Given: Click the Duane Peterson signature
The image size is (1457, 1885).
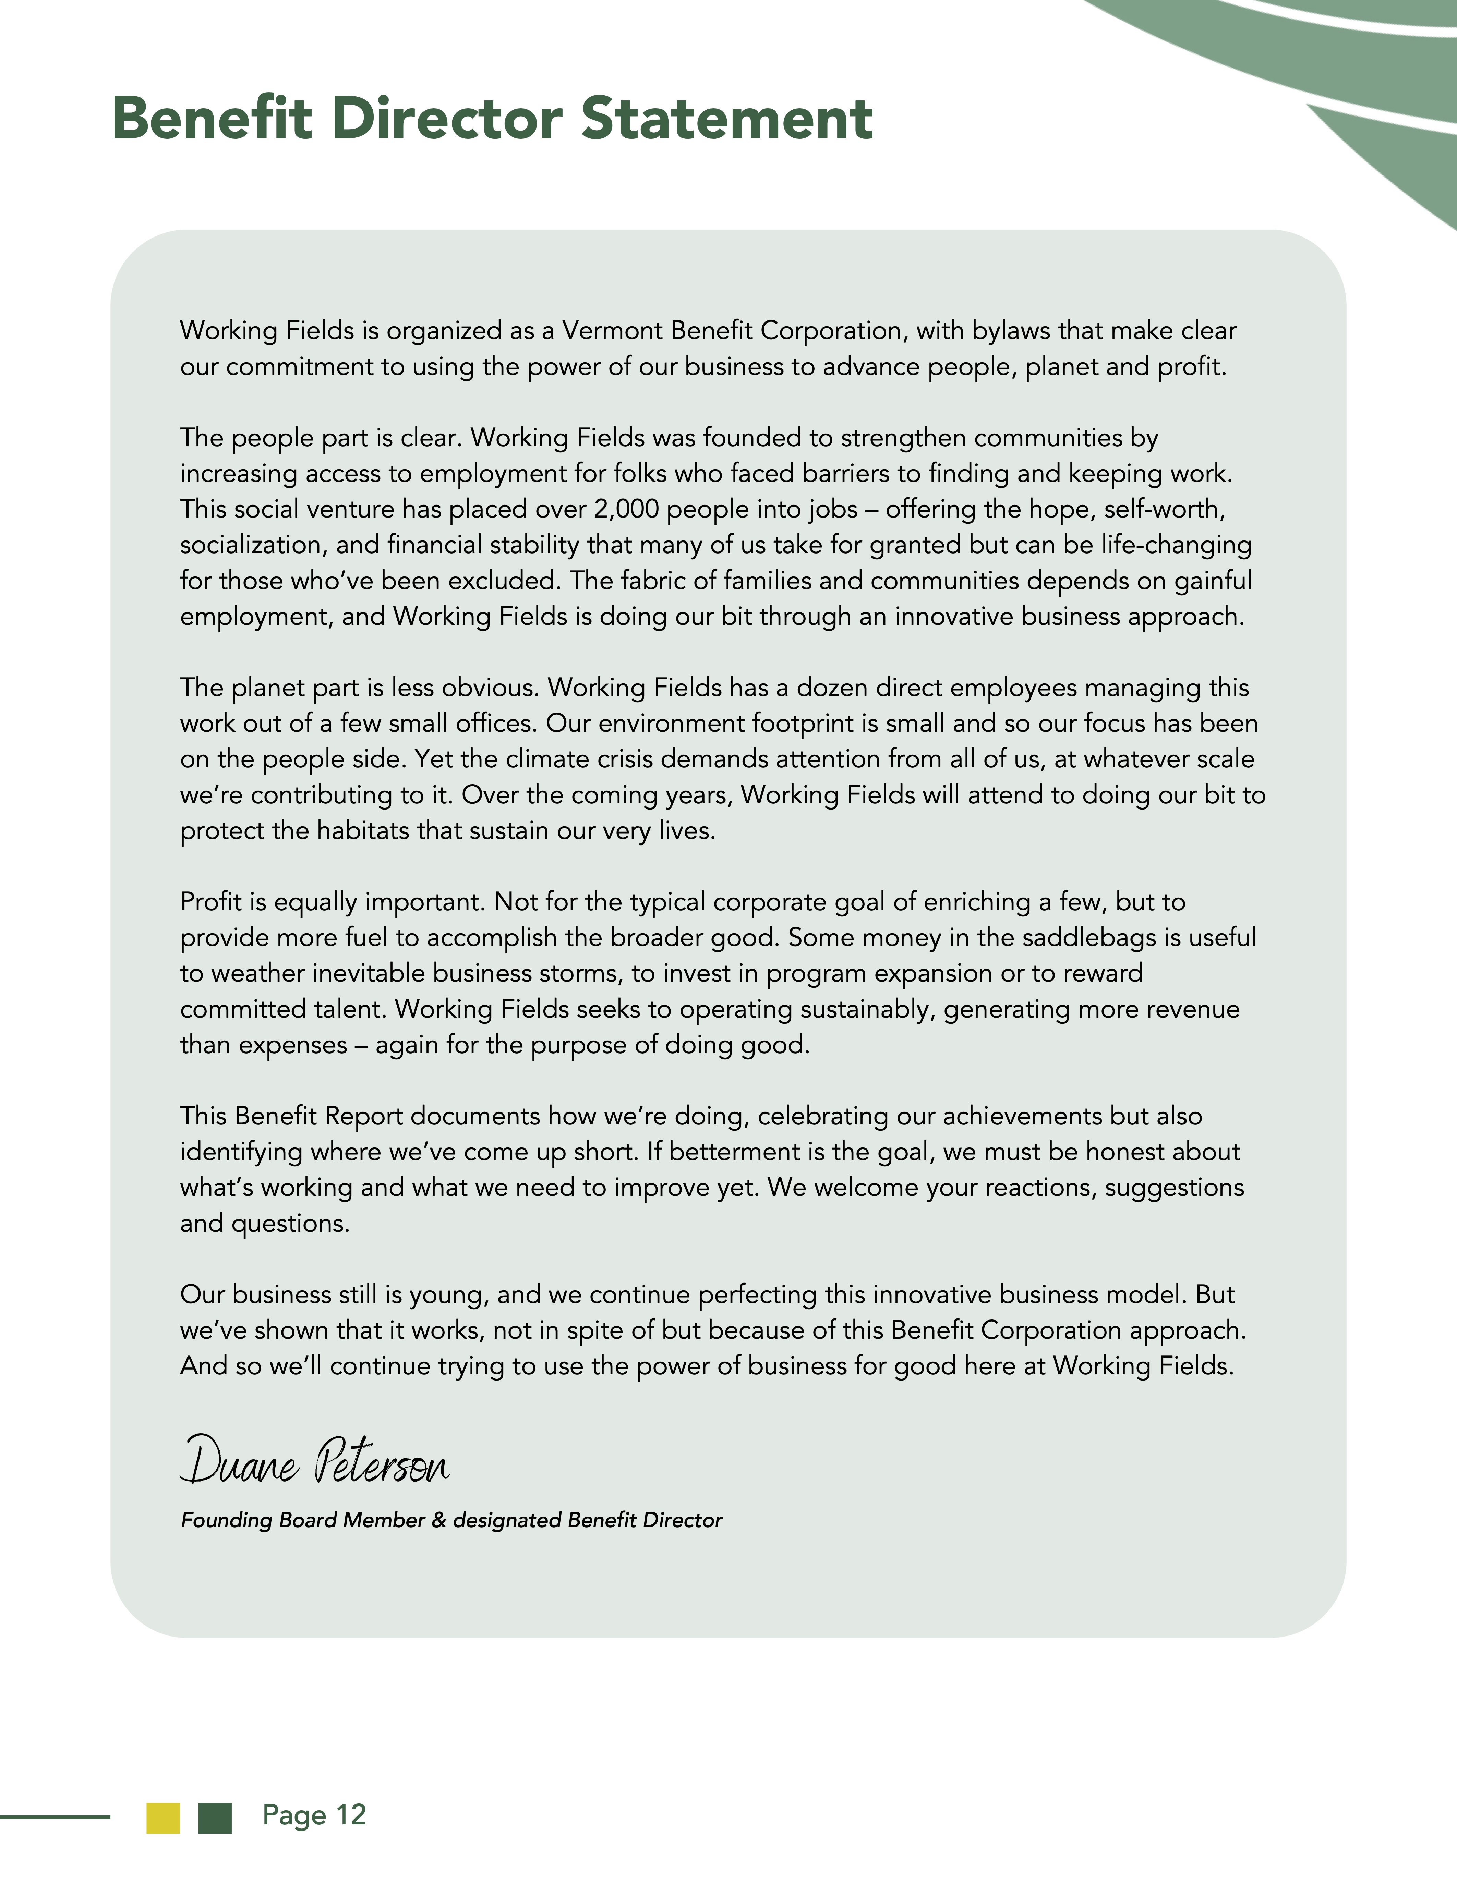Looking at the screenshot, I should (315, 1460).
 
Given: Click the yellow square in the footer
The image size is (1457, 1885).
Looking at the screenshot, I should (163, 1818).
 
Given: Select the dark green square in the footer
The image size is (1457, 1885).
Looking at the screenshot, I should (215, 1818).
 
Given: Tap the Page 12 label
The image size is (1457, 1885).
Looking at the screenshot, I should (314, 1815).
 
